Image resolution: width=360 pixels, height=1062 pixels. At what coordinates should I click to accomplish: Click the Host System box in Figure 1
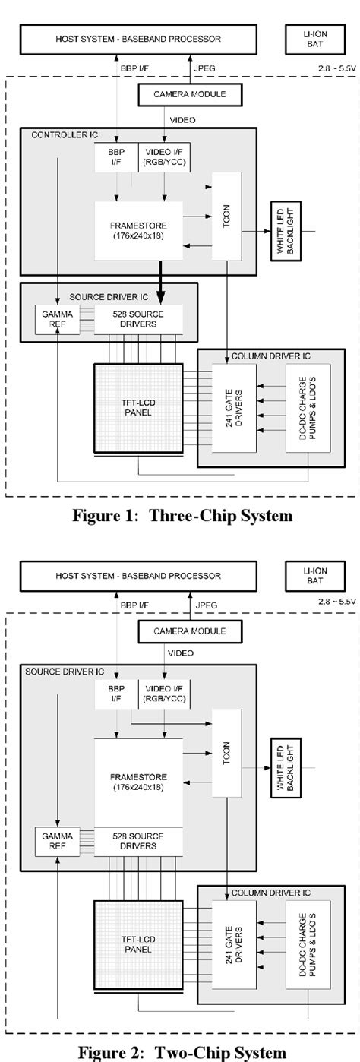(x=137, y=39)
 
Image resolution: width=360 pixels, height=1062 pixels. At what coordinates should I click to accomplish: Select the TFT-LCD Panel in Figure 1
(x=137, y=408)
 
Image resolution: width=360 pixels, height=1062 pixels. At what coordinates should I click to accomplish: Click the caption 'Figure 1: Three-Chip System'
(x=182, y=516)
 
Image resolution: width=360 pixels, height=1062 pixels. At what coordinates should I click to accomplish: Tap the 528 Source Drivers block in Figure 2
(x=138, y=840)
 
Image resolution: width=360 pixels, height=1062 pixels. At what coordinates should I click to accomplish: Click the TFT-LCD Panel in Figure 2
(x=137, y=943)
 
